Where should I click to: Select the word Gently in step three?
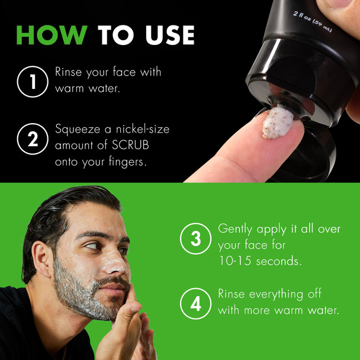click(x=237, y=228)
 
